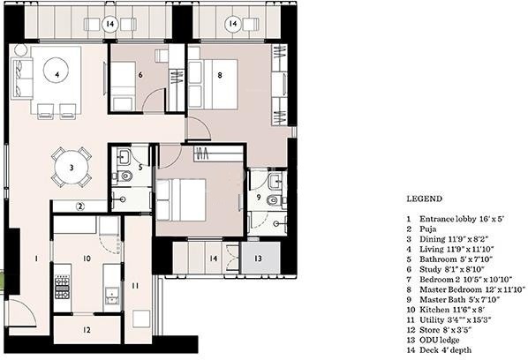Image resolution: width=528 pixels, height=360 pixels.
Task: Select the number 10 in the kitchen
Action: point(86,259)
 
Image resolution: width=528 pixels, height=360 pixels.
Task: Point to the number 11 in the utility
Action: point(135,285)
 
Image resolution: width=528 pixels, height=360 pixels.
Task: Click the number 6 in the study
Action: point(140,75)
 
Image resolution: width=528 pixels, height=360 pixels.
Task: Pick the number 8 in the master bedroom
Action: point(220,76)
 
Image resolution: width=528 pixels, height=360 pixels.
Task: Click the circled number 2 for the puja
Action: point(79,206)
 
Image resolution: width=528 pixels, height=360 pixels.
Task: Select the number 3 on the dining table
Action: point(72,165)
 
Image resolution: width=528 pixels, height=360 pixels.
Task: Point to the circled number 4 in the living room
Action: point(57,76)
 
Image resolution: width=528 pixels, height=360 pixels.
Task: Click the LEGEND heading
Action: point(425,199)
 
